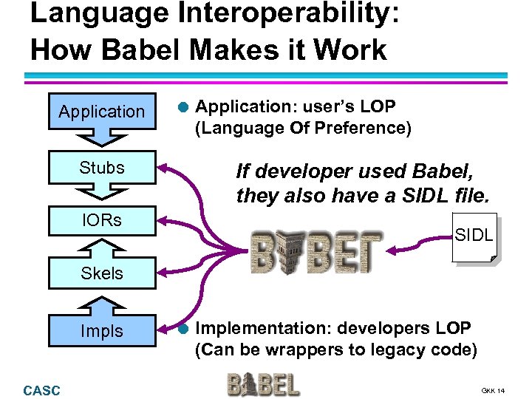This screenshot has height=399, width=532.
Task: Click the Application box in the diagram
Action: pos(102,112)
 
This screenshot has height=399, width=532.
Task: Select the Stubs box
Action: pos(102,168)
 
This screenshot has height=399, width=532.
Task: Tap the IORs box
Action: pos(102,219)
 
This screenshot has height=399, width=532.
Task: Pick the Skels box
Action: pos(102,273)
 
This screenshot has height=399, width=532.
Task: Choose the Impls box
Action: pos(102,332)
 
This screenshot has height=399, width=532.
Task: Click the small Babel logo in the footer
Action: pos(262,384)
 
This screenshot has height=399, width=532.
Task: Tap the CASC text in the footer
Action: pos(42,390)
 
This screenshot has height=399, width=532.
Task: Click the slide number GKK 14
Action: pos(493,390)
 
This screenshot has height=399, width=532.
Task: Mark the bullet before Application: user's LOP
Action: pos(183,107)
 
